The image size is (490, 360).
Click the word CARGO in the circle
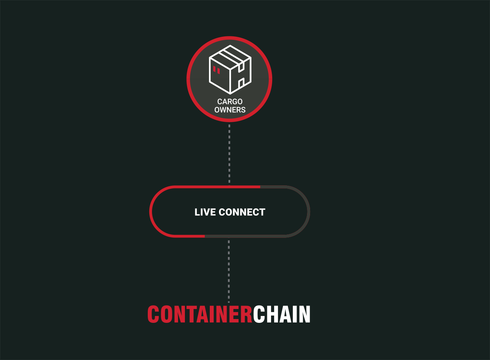230,101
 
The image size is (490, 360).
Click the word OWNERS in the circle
230,110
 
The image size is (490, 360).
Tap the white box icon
230,70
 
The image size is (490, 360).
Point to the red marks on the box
216,70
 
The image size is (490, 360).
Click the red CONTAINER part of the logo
200,314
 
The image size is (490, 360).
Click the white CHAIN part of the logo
282,314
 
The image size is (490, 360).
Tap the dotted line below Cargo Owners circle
229,154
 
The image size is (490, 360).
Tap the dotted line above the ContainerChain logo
229,272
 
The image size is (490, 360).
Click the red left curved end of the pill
150,211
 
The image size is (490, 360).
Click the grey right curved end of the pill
309,211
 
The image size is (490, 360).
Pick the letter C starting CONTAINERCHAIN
153,314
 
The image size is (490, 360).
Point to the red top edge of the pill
217,187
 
